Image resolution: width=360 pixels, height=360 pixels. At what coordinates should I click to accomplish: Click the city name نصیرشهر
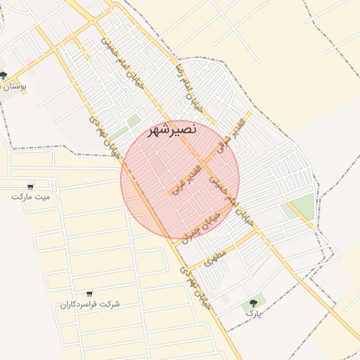tap(174, 130)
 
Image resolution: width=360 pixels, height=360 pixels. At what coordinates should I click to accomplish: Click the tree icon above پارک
tap(251, 302)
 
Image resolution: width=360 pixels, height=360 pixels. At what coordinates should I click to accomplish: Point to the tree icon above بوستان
tap(4, 75)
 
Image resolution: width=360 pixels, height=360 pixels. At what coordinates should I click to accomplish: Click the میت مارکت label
tap(31, 197)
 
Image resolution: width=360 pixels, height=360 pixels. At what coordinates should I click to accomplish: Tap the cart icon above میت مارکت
tap(30, 186)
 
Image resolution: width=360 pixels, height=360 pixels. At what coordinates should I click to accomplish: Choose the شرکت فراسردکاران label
tap(90, 304)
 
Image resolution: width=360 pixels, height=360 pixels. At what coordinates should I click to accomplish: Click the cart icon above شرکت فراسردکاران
tap(89, 294)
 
